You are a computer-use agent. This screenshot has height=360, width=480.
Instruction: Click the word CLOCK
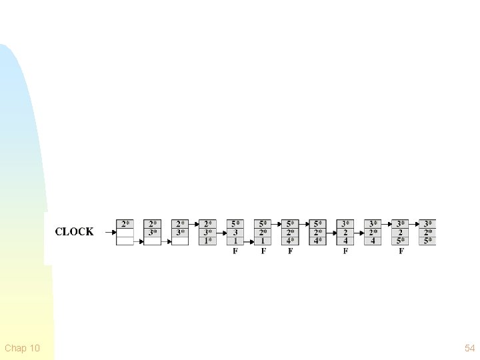74,232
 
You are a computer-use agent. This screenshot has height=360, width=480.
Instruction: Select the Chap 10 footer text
22,348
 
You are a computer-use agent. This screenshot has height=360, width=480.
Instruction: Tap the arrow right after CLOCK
106,233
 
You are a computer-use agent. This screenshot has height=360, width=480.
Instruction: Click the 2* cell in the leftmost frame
125,224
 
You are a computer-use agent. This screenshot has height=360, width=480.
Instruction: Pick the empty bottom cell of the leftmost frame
125,241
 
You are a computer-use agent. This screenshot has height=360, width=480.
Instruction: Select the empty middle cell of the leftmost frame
125,233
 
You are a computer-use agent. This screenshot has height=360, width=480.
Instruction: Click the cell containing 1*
209,241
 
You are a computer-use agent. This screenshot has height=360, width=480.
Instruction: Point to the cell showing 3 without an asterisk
236,233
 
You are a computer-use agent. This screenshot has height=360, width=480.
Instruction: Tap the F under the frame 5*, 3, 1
235,251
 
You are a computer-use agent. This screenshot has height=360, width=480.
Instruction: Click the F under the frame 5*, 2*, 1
263,251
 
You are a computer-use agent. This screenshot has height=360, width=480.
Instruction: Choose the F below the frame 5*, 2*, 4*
291,251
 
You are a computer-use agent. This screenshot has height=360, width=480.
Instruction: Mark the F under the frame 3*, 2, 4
345,251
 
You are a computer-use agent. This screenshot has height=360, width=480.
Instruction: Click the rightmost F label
401,251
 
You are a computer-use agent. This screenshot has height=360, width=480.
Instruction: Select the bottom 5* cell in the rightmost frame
428,241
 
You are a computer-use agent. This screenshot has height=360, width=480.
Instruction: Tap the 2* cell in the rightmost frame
428,233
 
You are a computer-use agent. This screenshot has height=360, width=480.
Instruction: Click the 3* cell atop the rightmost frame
428,224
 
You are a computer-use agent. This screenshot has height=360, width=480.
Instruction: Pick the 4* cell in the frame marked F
291,241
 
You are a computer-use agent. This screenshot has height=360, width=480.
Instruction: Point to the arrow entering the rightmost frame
414,224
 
